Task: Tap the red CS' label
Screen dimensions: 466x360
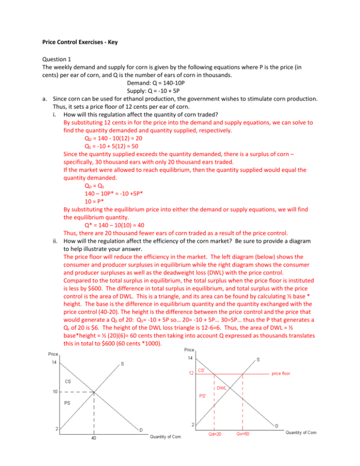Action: [202, 370]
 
